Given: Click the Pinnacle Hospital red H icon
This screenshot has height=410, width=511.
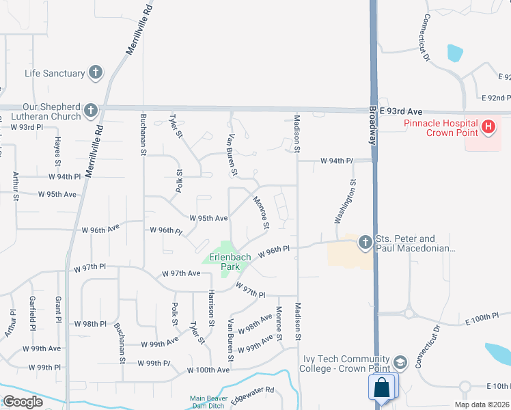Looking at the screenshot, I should click(488, 126).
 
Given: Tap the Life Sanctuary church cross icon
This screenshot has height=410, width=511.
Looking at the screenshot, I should click(96, 72).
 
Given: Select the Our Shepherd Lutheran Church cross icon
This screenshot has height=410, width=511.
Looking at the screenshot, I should click(90, 110).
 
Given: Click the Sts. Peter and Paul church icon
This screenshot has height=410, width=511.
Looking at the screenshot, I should click(365, 242).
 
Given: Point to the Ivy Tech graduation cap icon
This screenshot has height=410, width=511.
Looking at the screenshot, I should click(400, 361).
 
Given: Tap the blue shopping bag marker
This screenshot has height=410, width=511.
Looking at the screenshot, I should click(382, 387).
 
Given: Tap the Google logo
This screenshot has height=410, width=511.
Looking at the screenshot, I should click(23, 402).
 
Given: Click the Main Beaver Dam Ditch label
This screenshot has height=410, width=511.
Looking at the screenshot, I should click(208, 402).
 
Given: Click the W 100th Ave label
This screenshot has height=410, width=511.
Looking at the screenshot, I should click(208, 370).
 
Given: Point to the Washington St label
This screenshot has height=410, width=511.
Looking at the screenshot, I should click(346, 202).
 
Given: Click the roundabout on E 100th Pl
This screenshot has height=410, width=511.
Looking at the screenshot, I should click(409, 314).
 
